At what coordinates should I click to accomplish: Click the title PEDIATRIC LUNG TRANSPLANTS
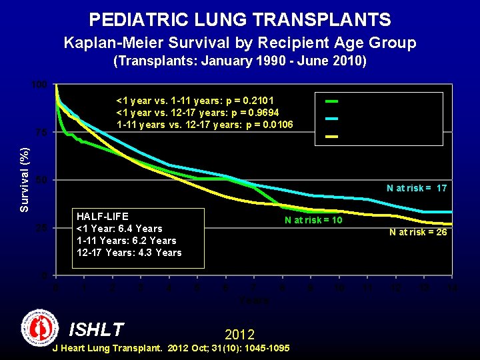coord(240,19)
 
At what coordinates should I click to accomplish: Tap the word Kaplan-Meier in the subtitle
coord(109,43)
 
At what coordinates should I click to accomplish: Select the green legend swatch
coord(331,101)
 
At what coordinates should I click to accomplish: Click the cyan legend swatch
coord(331,119)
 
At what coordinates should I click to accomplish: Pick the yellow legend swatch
coord(331,137)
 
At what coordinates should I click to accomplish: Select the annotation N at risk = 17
coord(417,189)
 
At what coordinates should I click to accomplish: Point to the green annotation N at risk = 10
coord(313,220)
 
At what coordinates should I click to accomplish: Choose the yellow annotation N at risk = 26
coord(418,232)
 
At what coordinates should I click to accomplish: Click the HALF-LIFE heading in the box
coord(103,217)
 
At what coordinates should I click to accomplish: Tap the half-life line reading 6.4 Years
coord(120,229)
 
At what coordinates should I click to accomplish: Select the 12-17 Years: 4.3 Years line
coord(129,253)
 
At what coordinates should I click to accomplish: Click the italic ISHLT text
coord(97,329)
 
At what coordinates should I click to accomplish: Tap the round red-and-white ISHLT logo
coord(39,327)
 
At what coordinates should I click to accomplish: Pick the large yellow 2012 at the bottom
coord(239,333)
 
